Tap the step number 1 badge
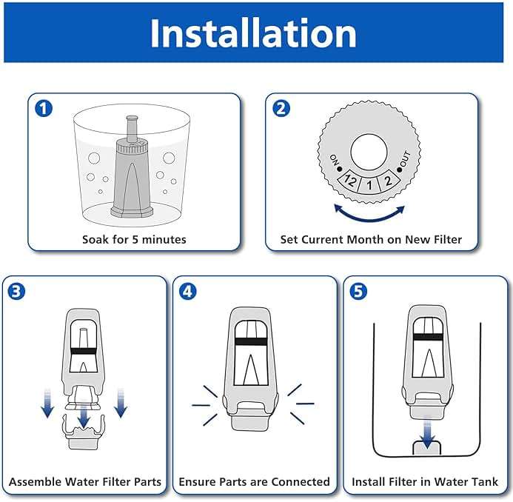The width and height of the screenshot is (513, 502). (44, 109)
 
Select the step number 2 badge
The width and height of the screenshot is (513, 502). (281, 109)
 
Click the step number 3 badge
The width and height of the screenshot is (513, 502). (17, 291)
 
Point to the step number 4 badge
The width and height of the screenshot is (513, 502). (188, 291)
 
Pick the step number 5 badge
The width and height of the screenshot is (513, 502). (359, 291)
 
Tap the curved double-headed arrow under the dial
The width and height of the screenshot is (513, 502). (369, 214)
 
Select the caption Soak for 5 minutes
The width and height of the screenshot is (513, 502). (134, 239)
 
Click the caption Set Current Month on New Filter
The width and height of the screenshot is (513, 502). (371, 239)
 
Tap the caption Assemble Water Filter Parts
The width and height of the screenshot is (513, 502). (84, 481)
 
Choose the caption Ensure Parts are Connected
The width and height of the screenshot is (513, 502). (255, 481)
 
